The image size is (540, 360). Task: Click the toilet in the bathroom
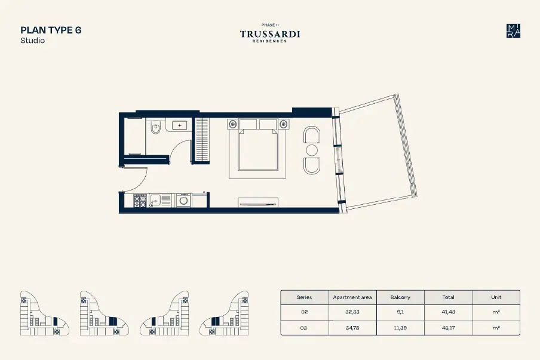(x=155, y=127)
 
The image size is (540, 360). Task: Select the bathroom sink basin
(x=180, y=125)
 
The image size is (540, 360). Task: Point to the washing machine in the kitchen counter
(x=183, y=201)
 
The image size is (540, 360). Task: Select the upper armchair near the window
(x=311, y=134)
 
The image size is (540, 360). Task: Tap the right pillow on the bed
(x=268, y=125)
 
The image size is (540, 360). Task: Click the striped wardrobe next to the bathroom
(x=202, y=140)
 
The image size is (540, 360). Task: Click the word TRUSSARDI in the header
(x=270, y=35)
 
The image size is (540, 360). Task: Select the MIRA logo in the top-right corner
(x=513, y=30)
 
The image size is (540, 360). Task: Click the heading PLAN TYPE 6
(x=51, y=30)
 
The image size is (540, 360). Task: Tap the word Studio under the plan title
(x=32, y=41)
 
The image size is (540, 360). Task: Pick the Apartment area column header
(x=352, y=297)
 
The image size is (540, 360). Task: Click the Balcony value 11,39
(x=400, y=328)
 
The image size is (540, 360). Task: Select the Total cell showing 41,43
(x=448, y=312)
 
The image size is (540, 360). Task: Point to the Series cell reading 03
(x=304, y=328)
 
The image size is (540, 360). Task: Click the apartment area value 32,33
(x=352, y=312)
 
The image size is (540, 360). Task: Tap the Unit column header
(x=496, y=297)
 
